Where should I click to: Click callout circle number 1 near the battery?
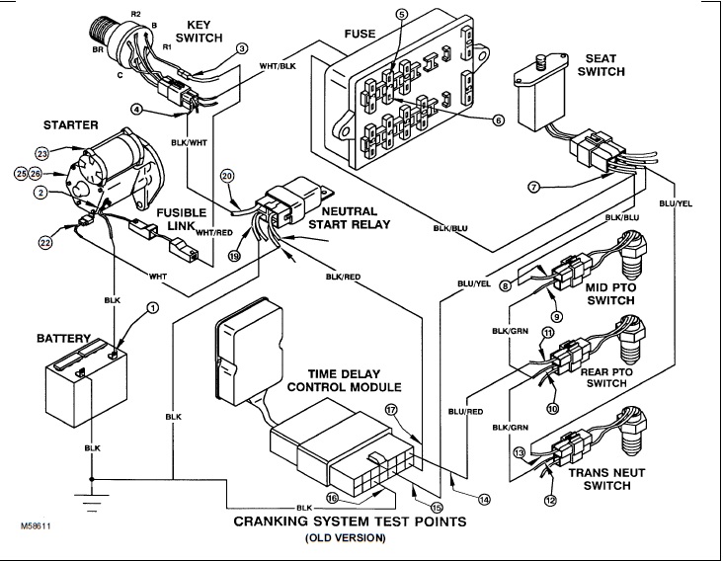coord(152,308)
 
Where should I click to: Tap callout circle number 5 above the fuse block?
coord(401,14)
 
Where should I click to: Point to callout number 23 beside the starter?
coord(42,153)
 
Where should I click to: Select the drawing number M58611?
coord(37,529)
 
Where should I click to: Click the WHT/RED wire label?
coord(214,233)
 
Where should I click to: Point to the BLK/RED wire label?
coord(345,278)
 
